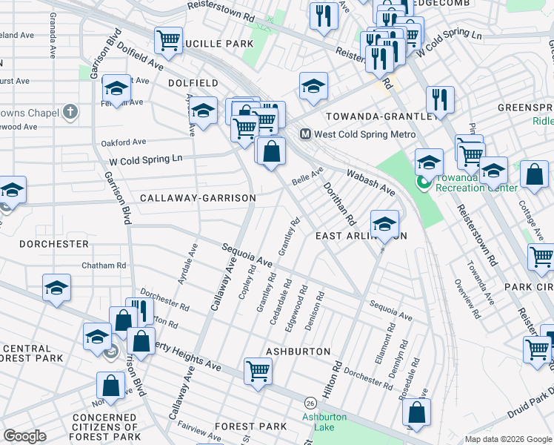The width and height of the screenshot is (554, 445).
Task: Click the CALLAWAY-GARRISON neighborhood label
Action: tap(198, 198)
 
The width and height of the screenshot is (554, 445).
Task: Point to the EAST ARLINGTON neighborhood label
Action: tap(361, 236)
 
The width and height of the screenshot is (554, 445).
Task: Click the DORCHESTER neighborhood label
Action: tap(54, 243)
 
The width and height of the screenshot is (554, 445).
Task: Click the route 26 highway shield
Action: tap(310, 402)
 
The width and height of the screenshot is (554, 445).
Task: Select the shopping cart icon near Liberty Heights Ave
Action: tap(258, 370)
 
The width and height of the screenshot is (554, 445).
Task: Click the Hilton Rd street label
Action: tap(336, 377)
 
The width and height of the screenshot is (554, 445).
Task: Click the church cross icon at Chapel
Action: tap(70, 113)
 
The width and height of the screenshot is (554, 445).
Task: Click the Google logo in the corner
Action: tap(26, 436)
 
